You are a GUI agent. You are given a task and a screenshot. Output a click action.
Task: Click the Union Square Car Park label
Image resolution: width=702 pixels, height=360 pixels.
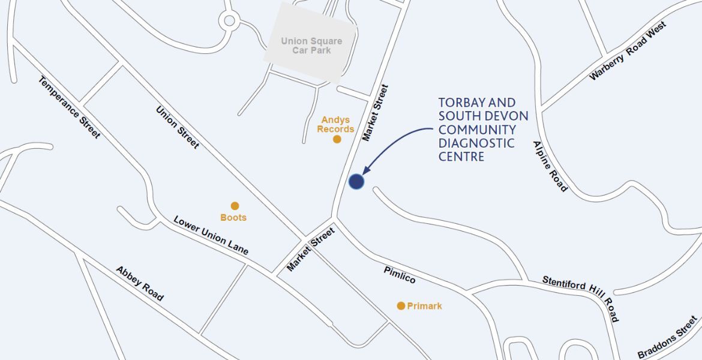(x=311, y=46)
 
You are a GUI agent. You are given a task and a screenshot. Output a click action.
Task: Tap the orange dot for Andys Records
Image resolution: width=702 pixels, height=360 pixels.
(x=337, y=139)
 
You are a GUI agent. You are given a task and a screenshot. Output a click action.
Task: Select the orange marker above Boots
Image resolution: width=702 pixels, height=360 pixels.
(x=235, y=206)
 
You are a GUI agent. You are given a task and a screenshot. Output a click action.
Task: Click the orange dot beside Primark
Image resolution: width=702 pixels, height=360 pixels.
(x=401, y=306)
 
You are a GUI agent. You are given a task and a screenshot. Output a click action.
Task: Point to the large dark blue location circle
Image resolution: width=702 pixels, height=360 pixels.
(x=356, y=182)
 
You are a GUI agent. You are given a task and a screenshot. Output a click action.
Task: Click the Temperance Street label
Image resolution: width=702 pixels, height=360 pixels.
(x=69, y=107)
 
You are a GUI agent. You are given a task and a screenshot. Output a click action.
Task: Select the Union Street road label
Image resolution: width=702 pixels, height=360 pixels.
(x=178, y=127)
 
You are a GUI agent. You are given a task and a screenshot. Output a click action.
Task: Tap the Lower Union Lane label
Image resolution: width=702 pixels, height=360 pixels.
(x=211, y=235)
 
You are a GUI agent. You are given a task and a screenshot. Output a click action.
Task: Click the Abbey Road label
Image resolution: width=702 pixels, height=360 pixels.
(x=139, y=283)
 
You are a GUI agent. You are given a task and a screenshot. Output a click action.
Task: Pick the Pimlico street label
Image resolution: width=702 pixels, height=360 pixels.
(x=400, y=275)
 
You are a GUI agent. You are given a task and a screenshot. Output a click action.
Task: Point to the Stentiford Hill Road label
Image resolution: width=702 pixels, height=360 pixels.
(x=581, y=298)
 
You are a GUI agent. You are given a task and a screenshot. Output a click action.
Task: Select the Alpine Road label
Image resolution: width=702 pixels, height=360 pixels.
(x=550, y=166)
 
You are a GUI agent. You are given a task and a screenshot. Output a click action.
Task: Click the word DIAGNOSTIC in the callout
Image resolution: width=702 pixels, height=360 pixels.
(x=476, y=143)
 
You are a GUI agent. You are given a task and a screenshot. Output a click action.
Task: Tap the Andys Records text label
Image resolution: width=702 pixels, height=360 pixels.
(x=335, y=124)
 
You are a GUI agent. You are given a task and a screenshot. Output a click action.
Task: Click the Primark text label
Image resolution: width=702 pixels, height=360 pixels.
(x=424, y=306)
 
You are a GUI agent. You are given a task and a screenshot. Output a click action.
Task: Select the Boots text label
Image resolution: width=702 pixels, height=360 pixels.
(x=233, y=217)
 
